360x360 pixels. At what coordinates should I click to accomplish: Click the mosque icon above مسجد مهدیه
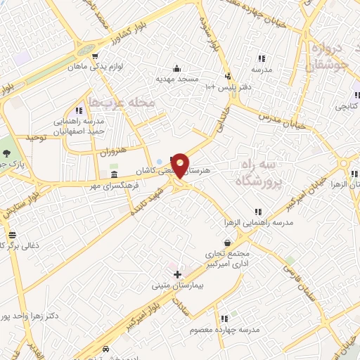pyautogui.click(x=176, y=69)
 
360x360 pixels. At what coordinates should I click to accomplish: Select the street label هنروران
pyautogui.click(x=110, y=150)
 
